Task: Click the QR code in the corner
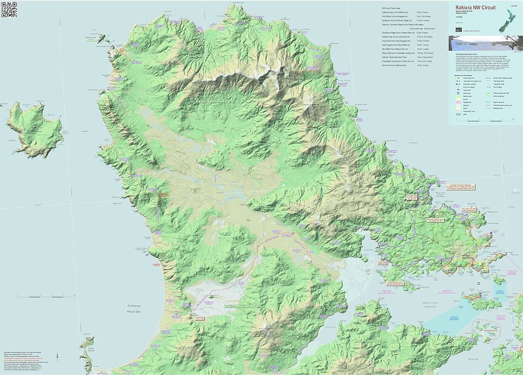pyautogui.click(x=9, y=10)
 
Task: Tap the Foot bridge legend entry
pyautogui.click(x=499, y=87)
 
